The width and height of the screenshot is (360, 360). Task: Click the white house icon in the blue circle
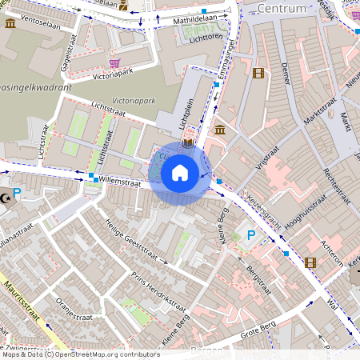point(179,173)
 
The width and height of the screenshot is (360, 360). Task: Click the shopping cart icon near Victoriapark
point(115,63)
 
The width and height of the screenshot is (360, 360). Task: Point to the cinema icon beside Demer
point(258,74)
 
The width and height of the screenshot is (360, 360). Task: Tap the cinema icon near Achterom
point(310,262)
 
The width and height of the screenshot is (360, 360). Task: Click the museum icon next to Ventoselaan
point(10,23)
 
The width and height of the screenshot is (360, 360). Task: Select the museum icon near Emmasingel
point(219,130)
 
